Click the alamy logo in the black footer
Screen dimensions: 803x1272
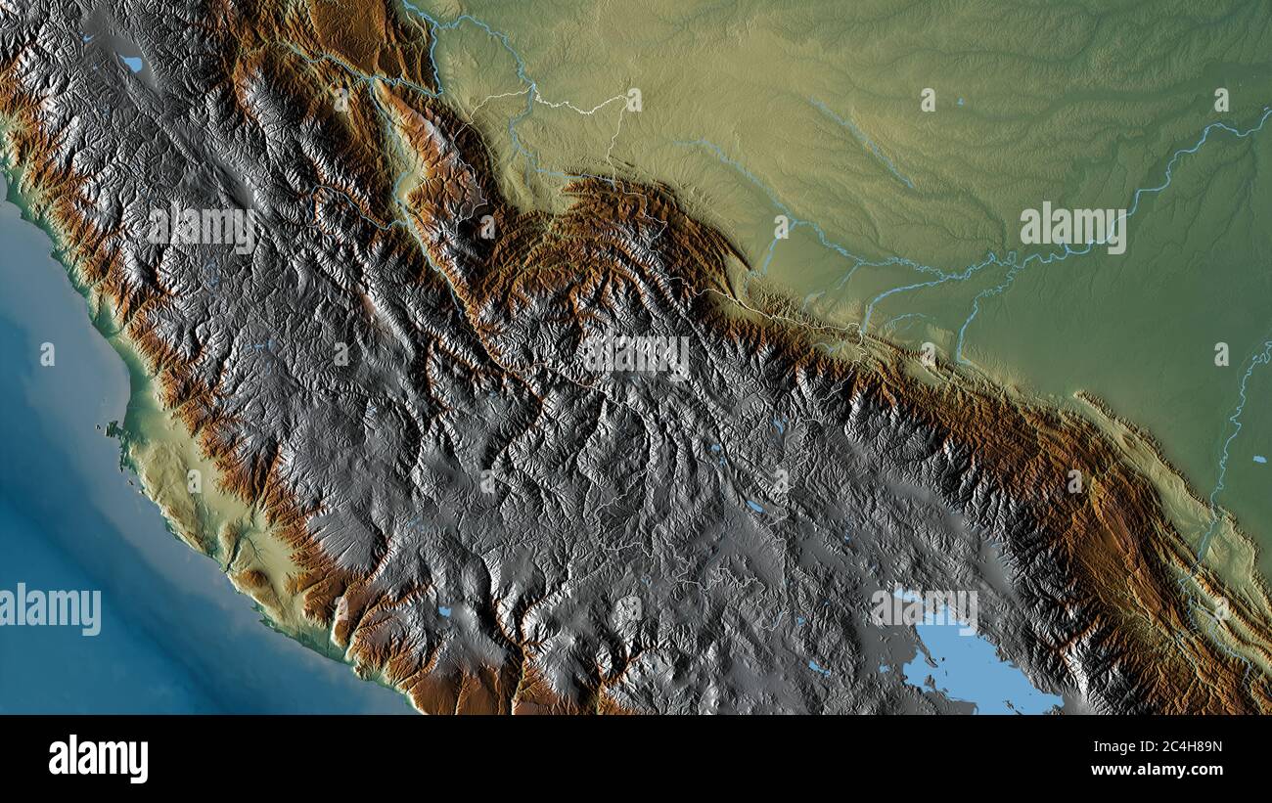98,759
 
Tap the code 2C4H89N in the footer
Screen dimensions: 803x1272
1192,747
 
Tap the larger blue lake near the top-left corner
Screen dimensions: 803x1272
131,64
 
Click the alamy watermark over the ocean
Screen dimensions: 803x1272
51,609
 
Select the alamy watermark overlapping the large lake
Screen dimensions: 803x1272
924,608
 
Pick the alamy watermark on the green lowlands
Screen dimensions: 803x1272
1072,228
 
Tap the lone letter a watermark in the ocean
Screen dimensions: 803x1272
47,354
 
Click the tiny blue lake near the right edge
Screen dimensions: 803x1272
1257,458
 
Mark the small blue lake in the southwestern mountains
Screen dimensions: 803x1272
444,611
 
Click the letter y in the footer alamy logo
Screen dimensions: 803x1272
139,761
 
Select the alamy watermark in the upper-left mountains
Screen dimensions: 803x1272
203,228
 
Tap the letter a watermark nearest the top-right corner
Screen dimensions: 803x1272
1221,100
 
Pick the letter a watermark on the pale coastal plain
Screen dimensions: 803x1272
194,481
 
